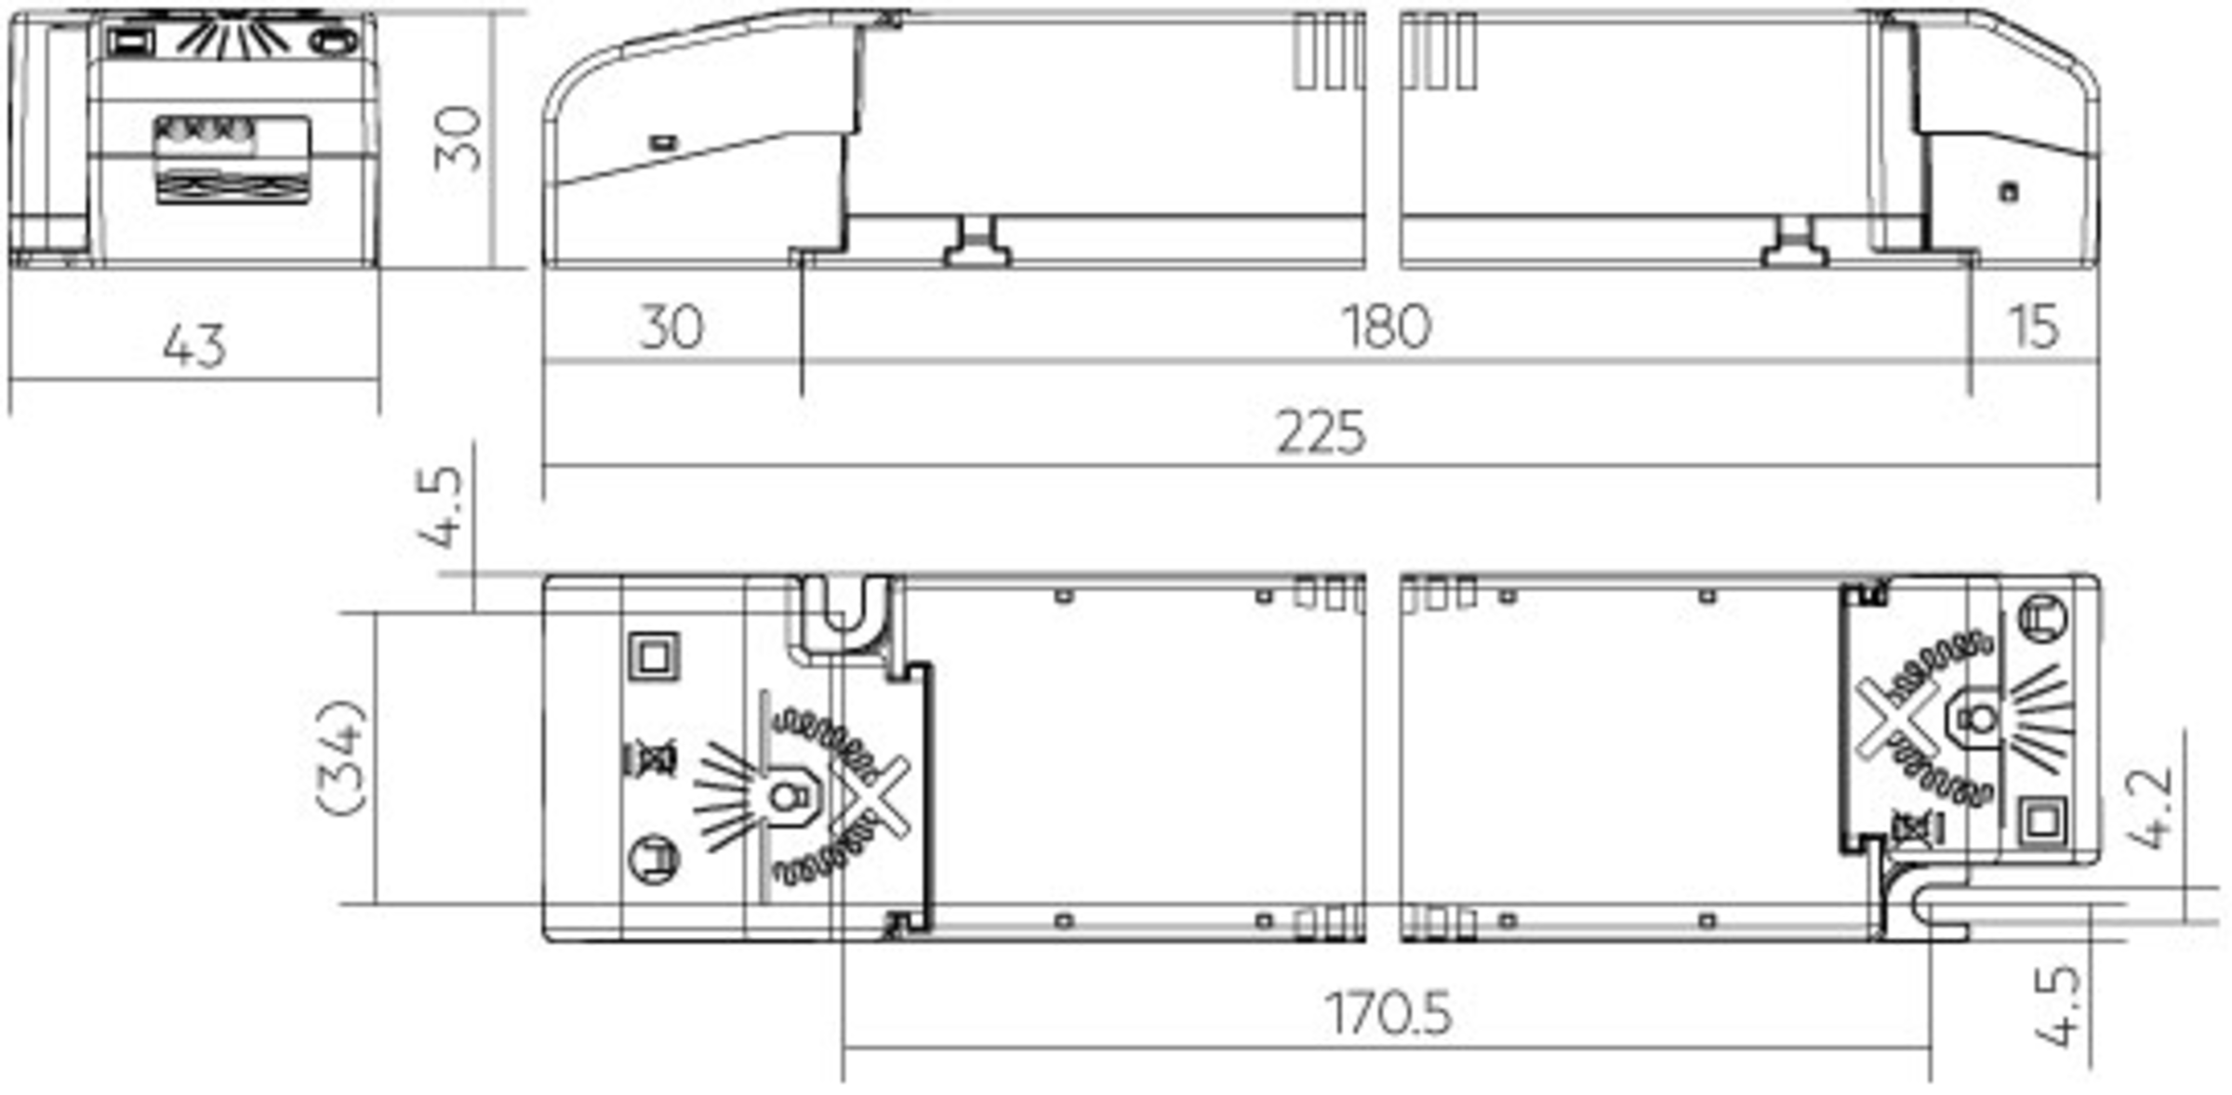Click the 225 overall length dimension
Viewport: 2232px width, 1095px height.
[x=1321, y=432]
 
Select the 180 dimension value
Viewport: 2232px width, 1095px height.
[x=1386, y=327]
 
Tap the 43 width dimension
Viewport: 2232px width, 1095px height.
[x=194, y=347]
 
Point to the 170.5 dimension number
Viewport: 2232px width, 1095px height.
[x=1388, y=1013]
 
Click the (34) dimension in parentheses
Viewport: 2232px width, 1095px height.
[x=342, y=758]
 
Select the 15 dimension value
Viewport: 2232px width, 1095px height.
[x=2033, y=327]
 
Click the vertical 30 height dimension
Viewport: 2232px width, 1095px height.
[x=458, y=139]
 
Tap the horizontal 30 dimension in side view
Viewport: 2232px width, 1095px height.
[x=671, y=327]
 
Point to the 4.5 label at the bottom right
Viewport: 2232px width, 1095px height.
[x=2057, y=1006]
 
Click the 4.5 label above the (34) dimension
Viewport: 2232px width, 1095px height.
[x=439, y=507]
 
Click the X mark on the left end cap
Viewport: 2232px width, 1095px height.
[x=871, y=797]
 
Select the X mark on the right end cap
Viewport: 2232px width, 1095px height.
[x=1895, y=717]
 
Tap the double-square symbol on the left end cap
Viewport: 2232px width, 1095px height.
[x=655, y=657]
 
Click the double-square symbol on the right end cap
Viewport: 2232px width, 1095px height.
[x=2042, y=821]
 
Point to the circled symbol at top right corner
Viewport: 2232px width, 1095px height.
[x=2043, y=618]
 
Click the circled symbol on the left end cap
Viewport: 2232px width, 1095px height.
[x=655, y=860]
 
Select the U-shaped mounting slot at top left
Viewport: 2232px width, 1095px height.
[x=843, y=613]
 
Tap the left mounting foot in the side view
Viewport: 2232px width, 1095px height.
[x=976, y=244]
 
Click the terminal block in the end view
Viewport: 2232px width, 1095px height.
[x=232, y=158]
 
